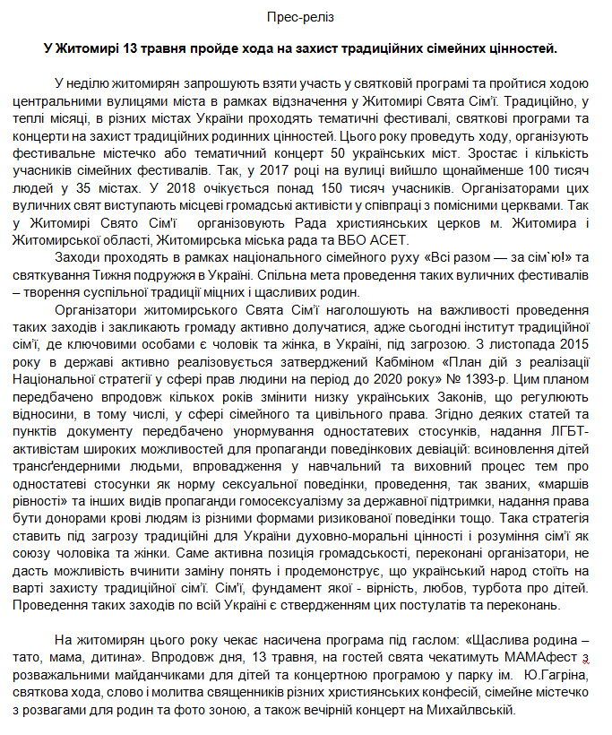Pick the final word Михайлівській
(471, 710)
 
